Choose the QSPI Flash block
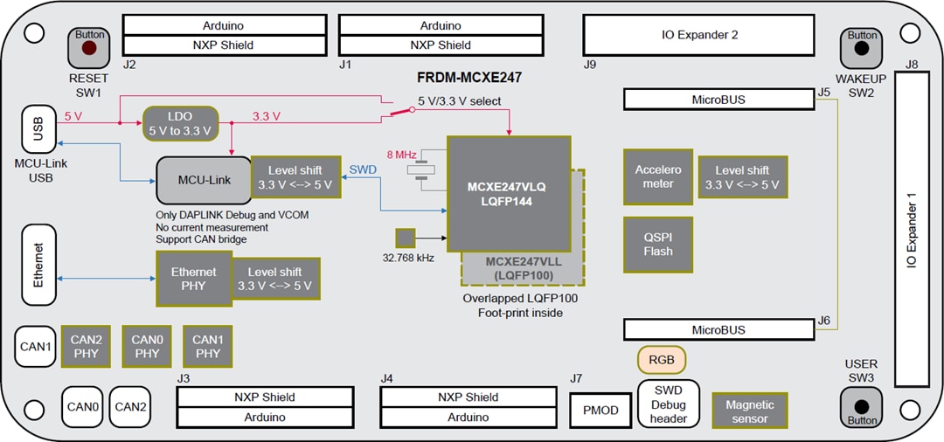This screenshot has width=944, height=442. (658, 244)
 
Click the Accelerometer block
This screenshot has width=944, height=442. (658, 176)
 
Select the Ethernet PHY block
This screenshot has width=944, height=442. (193, 279)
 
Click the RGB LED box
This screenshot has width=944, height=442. (661, 360)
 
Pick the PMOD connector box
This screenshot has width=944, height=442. (600, 411)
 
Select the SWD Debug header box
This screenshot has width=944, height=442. (668, 404)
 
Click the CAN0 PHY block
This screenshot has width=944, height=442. (147, 347)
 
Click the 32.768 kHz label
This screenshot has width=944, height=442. (408, 258)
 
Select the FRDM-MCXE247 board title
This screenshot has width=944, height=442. (469, 78)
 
